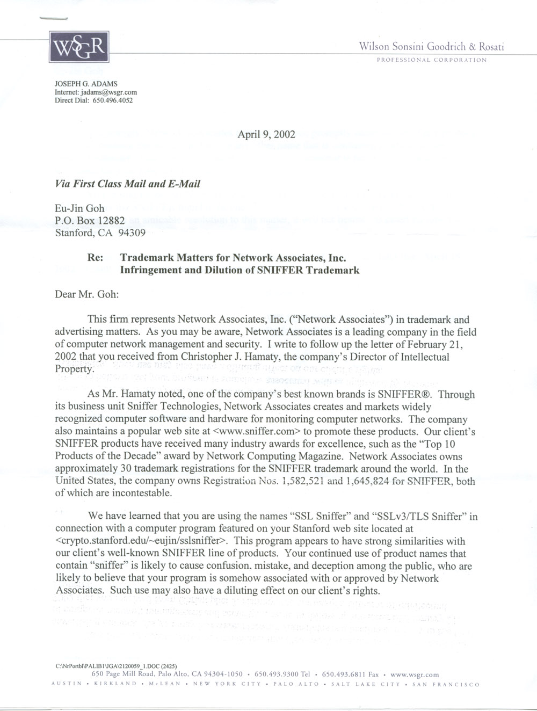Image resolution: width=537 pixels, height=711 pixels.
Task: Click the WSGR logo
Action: tap(79, 48)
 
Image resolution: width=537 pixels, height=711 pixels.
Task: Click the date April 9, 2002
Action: tap(266, 134)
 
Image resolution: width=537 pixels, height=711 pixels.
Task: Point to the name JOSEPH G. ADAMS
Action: tap(86, 84)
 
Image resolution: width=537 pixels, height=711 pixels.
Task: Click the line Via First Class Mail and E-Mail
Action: tap(128, 184)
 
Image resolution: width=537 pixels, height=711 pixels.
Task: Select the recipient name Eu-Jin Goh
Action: tap(80, 209)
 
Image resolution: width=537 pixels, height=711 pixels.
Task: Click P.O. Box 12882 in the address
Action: tap(90, 221)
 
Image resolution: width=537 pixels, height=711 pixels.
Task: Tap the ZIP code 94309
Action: tap(132, 233)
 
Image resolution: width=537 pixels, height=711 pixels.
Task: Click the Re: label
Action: tap(95, 258)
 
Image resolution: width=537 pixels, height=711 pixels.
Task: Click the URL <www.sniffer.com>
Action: tap(256, 431)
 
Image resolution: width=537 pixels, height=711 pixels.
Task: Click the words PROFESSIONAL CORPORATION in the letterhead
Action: tap(432, 60)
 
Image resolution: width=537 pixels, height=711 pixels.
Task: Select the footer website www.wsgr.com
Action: tap(415, 674)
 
